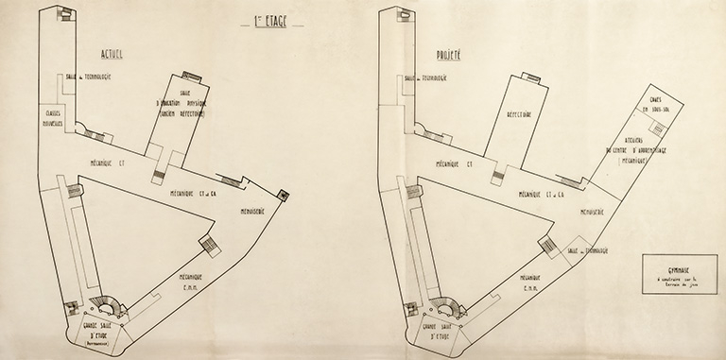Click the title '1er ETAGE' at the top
(271, 17)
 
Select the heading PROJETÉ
(449, 55)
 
